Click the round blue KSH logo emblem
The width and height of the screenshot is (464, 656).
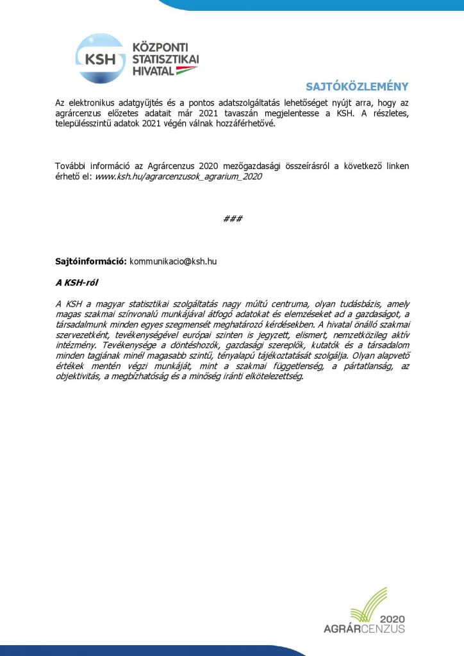pyautogui.click(x=100, y=58)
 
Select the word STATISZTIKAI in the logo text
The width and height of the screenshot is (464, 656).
pyautogui.click(x=165, y=59)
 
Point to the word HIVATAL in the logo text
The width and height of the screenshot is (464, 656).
pyautogui.click(x=153, y=70)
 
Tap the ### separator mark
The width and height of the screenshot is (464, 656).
pyautogui.click(x=232, y=218)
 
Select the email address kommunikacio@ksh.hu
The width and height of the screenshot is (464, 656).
pyautogui.click(x=172, y=261)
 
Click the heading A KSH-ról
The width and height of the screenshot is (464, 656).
pyautogui.click(x=76, y=282)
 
